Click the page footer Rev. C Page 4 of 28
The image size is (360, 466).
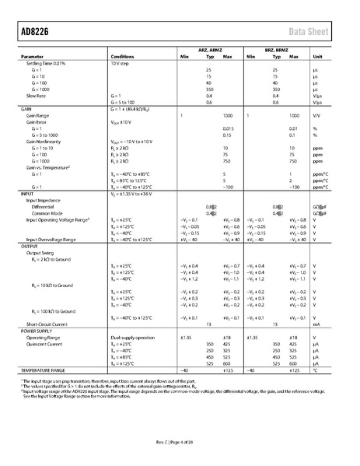click(180, 443)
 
